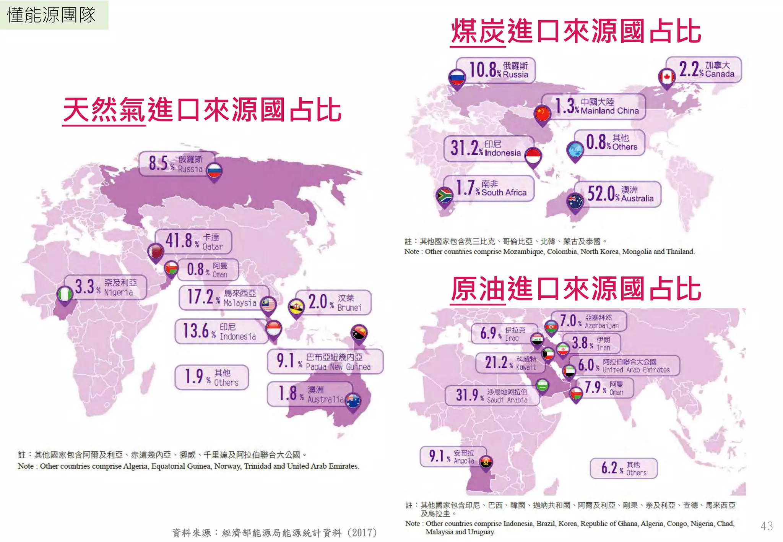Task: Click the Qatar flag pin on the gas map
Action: tap(156, 252)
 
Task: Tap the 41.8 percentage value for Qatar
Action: tap(179, 241)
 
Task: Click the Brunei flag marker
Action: tap(296, 307)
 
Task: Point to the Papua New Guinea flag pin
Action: tap(359, 333)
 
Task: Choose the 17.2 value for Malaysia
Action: tap(200, 297)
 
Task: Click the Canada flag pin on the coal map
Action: tap(667, 77)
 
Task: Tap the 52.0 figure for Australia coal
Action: tap(601, 193)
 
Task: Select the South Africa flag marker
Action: tap(444, 196)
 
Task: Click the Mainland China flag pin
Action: tap(543, 114)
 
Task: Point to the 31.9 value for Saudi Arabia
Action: tap(467, 394)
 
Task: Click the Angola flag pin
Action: tap(486, 462)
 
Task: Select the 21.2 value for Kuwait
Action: tap(496, 362)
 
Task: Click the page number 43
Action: tap(767, 526)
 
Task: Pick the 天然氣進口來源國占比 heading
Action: tap(202, 110)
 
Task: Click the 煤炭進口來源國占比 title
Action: tap(576, 31)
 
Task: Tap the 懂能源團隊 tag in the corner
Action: tap(52, 15)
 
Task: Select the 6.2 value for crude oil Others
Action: tap(609, 467)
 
